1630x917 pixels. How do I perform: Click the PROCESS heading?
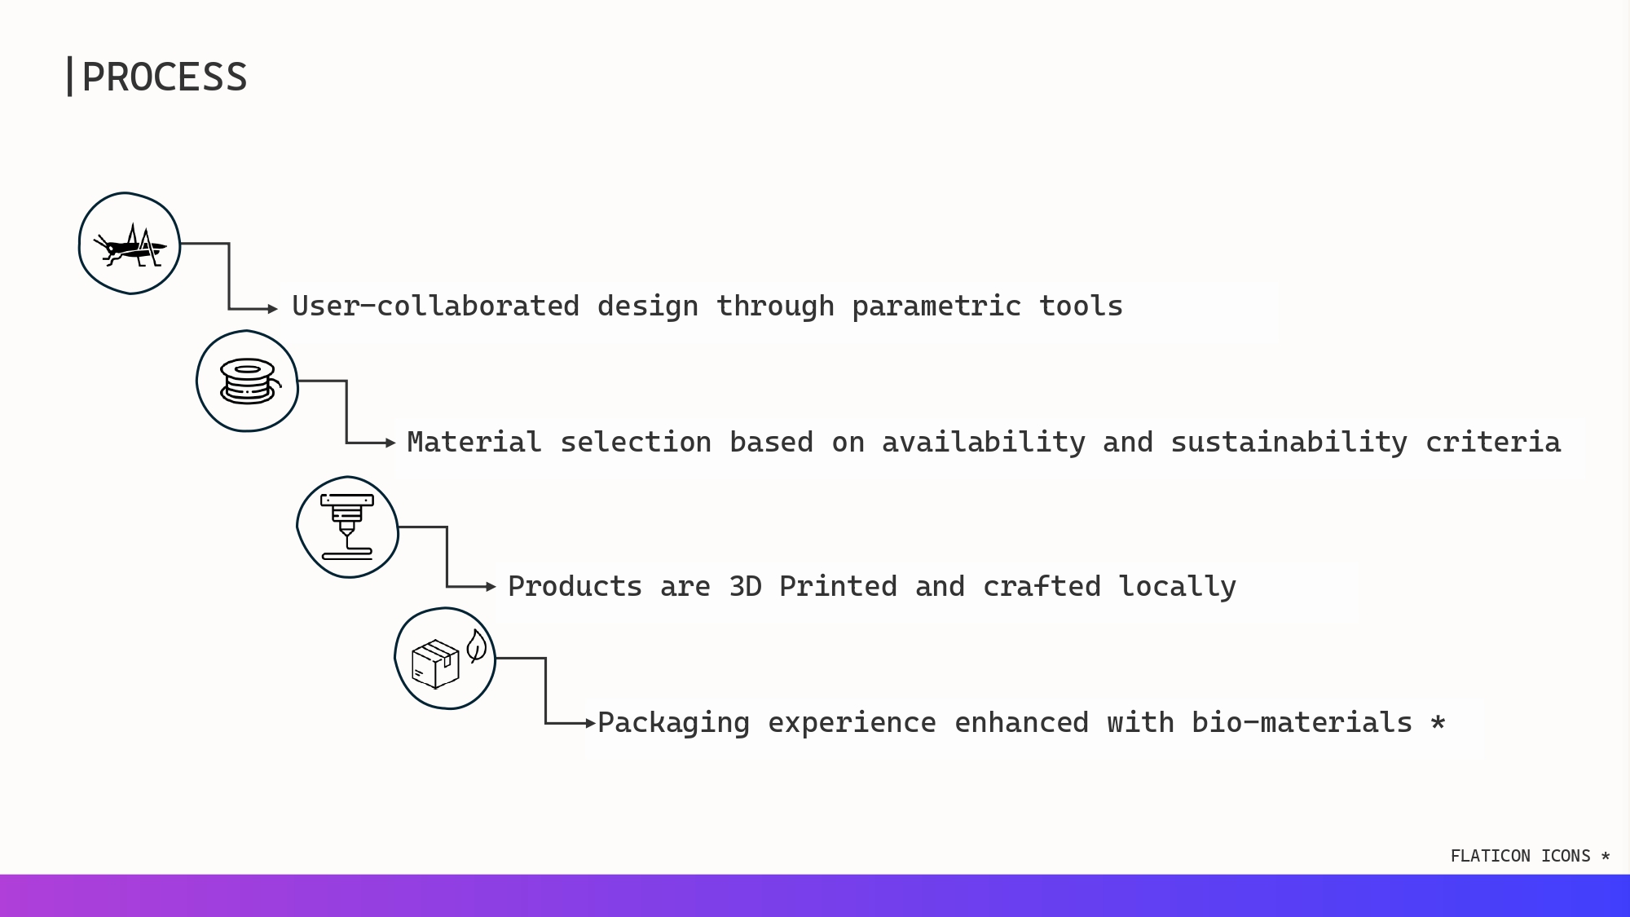click(x=165, y=77)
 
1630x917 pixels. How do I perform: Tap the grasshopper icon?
click(x=130, y=245)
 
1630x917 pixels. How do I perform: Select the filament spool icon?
click(x=249, y=381)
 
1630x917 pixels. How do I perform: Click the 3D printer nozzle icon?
click(x=347, y=527)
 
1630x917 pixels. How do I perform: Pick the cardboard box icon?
click(x=435, y=664)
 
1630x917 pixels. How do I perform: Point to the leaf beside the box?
click(x=477, y=646)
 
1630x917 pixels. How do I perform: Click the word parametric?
click(x=936, y=306)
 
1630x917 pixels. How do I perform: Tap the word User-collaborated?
click(x=435, y=306)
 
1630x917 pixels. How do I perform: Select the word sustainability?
click(x=1289, y=443)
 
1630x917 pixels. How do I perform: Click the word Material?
click(x=474, y=443)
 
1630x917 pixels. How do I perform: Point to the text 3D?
click(x=745, y=587)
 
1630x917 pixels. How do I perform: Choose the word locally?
click(x=1177, y=588)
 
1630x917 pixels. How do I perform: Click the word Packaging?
click(x=673, y=724)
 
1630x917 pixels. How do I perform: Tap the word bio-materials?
click(x=1302, y=723)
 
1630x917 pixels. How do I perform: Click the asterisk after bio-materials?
click(x=1438, y=722)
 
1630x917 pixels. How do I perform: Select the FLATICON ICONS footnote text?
click(x=1530, y=856)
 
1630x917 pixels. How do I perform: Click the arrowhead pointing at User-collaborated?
click(x=273, y=309)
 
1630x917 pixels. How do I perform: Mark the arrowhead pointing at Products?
click(x=491, y=587)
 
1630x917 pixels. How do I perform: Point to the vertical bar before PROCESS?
click(x=70, y=77)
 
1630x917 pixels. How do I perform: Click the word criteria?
click(x=1493, y=443)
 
